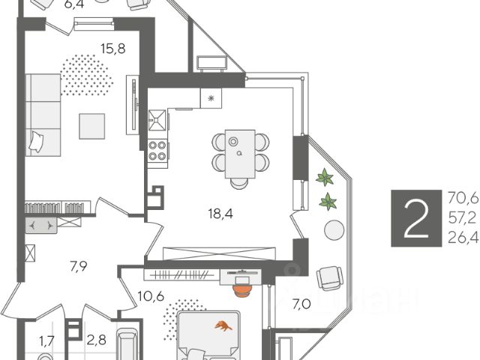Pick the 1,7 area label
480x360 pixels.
pyautogui.click(x=47, y=342)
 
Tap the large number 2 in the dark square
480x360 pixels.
pyautogui.click(x=418, y=218)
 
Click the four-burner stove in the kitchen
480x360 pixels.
pyautogui.click(x=157, y=150)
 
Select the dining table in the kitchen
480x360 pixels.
pyautogui.click(x=240, y=151)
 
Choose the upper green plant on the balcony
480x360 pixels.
pyautogui.click(x=325, y=178)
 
